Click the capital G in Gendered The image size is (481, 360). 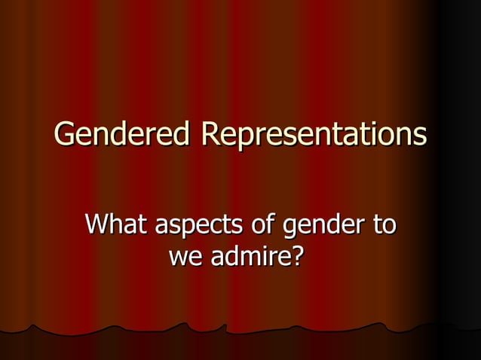click(x=65, y=136)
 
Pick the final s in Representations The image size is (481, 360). click(x=419, y=138)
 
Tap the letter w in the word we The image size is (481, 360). click(x=178, y=259)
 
